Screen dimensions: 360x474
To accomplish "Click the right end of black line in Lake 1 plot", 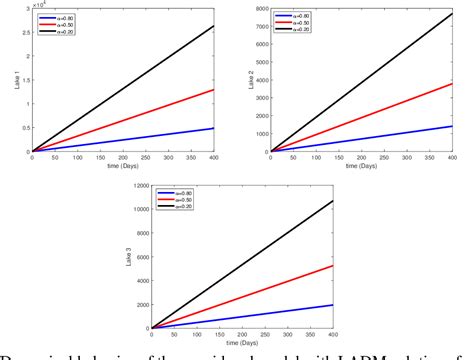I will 214,26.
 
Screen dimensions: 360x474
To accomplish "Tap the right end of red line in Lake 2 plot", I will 452,83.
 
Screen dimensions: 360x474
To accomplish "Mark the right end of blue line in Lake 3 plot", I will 334,305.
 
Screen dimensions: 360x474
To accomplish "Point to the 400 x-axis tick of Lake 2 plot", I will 452,157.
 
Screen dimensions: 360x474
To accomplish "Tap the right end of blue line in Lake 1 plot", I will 214,128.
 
